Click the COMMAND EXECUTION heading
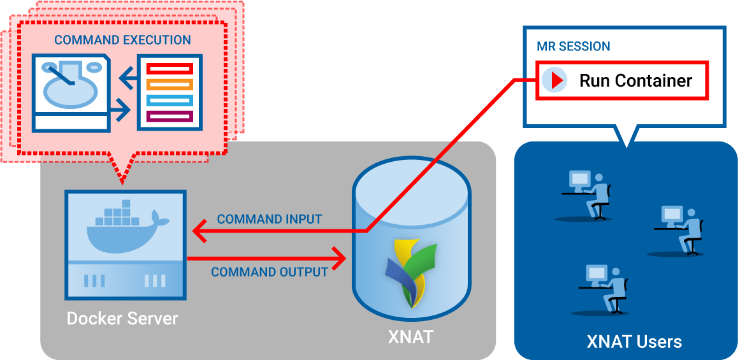point(122,40)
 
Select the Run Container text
point(635,81)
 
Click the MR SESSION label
point(573,47)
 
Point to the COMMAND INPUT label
point(270,219)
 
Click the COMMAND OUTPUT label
point(270,272)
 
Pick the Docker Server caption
point(123,318)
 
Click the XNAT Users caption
point(634,342)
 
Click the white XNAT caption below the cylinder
point(410,336)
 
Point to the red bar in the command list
point(169,68)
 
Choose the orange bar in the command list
point(169,84)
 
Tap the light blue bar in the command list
point(169,100)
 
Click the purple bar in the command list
point(169,116)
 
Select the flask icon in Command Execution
point(70,89)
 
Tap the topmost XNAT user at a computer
point(587,194)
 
